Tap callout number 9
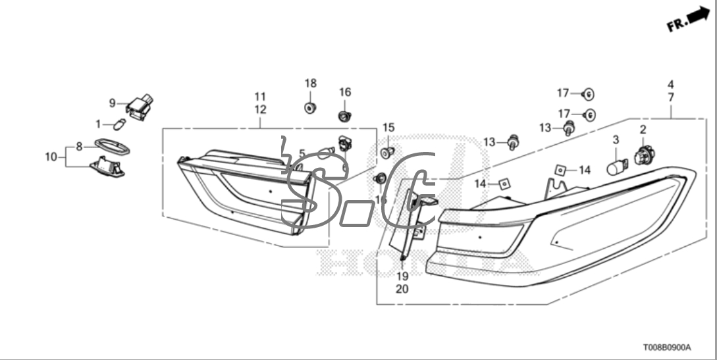112,103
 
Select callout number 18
310,84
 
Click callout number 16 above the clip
345,92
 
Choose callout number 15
388,127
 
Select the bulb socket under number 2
643,157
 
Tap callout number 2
643,130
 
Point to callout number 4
670,85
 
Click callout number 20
402,288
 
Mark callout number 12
260,109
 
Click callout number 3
616,140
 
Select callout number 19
402,276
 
